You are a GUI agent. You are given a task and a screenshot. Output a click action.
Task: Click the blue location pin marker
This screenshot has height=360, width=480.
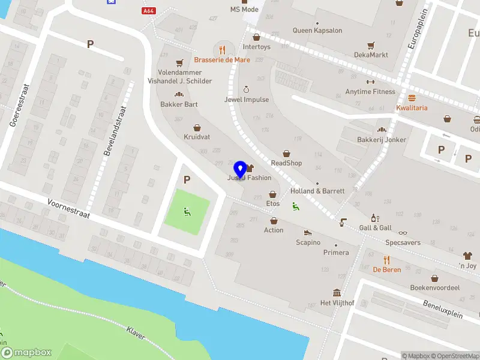coord(240,169)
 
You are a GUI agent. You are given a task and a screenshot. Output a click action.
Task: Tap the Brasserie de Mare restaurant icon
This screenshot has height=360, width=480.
coord(222,50)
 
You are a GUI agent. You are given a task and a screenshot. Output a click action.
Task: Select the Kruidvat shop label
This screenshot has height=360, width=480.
coord(196,137)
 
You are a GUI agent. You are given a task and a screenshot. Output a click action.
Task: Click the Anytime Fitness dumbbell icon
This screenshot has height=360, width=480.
coord(370,82)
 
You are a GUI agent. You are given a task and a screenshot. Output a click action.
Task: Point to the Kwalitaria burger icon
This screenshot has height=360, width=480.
coord(412,98)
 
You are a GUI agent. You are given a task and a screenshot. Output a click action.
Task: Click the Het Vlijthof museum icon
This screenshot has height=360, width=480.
coord(337,293)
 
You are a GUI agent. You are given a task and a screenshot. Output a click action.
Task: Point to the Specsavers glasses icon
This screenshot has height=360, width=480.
coord(403,233)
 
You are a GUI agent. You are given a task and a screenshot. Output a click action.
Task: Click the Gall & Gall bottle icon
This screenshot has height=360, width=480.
coord(375,218)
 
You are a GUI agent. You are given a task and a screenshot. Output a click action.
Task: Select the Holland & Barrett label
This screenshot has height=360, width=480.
coord(317,191)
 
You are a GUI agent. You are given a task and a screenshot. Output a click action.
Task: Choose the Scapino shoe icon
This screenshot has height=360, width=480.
coord(308,233)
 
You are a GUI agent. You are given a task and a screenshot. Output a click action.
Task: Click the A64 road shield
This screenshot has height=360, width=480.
coord(149,11)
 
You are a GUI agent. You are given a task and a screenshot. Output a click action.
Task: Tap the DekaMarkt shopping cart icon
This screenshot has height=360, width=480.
coord(371,45)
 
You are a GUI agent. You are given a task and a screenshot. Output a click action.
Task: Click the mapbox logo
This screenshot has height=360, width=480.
coord(26,353)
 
